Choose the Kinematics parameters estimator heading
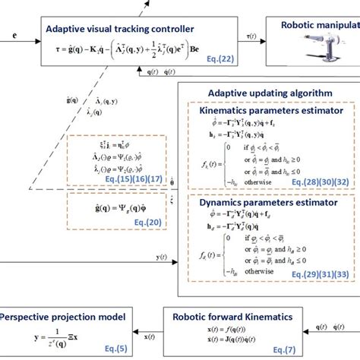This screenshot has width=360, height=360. click(x=267, y=111)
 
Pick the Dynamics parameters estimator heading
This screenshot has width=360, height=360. click(x=267, y=204)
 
